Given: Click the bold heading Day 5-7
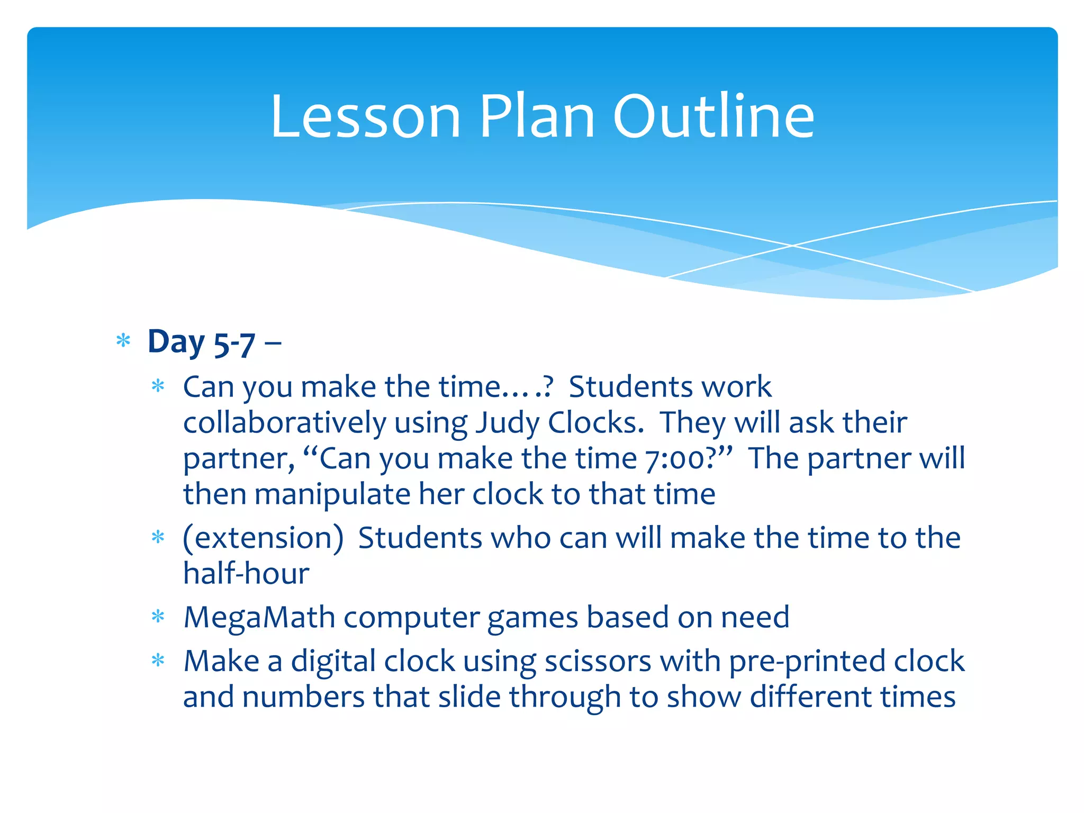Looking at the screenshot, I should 201,342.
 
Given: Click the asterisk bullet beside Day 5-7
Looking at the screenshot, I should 123,341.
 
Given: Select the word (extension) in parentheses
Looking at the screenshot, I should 263,538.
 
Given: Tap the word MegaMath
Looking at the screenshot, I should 259,618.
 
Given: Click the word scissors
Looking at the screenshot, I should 598,662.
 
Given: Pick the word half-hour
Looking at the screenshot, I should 246,574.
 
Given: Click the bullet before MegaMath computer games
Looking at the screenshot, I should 158,617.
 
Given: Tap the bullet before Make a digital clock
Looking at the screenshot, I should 158,661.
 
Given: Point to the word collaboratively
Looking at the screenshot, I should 285,423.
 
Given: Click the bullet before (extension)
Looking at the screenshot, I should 158,538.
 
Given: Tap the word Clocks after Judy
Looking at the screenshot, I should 595,423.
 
